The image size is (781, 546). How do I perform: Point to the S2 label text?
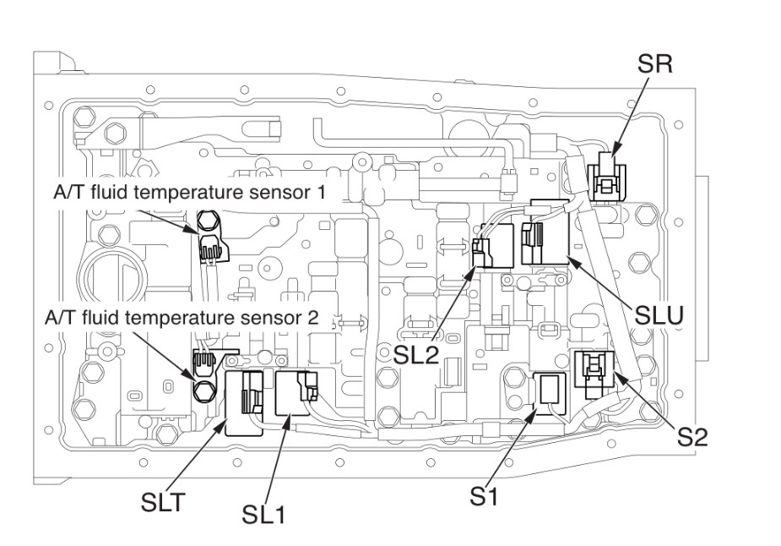692,436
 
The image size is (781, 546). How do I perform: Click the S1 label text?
484,495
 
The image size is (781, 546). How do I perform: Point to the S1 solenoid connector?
550,390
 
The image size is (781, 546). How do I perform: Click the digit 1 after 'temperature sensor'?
321,192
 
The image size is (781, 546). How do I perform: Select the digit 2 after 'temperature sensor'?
313,318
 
